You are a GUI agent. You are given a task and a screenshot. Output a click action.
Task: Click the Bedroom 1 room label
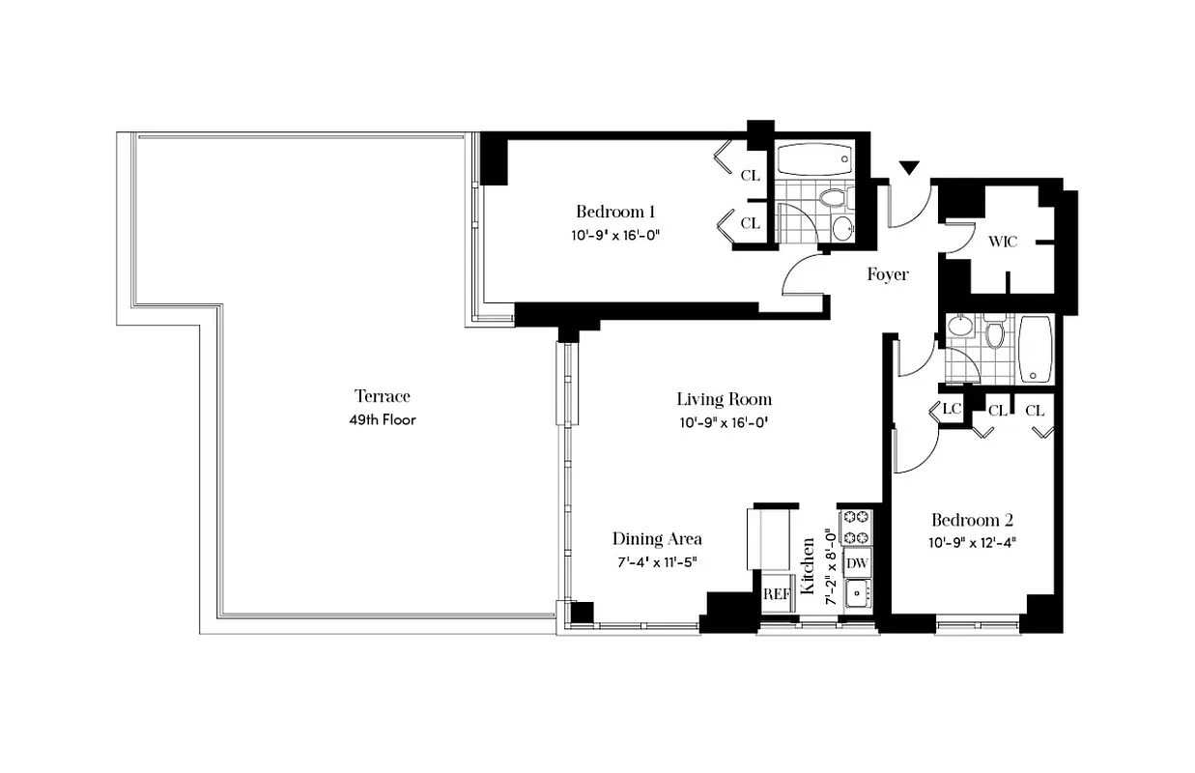(616, 212)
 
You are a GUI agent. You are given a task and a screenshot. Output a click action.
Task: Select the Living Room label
(724, 399)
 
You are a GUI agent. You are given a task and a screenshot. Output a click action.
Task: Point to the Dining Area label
(657, 539)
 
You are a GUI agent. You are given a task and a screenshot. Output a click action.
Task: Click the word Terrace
(383, 396)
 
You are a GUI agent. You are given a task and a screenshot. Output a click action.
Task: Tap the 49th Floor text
(384, 419)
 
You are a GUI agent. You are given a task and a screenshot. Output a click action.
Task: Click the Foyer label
(887, 274)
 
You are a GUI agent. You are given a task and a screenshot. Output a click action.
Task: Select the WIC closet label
(1003, 242)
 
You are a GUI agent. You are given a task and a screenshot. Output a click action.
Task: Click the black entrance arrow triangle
(908, 169)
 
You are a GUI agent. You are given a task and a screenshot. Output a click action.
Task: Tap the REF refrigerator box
(777, 593)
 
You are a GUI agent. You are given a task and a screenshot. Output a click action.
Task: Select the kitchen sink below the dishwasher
(856, 592)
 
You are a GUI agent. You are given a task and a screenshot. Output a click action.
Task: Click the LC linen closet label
(952, 410)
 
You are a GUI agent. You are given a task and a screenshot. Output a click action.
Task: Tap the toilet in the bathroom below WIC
(995, 334)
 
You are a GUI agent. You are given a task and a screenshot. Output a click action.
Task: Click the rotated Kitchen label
(809, 558)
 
